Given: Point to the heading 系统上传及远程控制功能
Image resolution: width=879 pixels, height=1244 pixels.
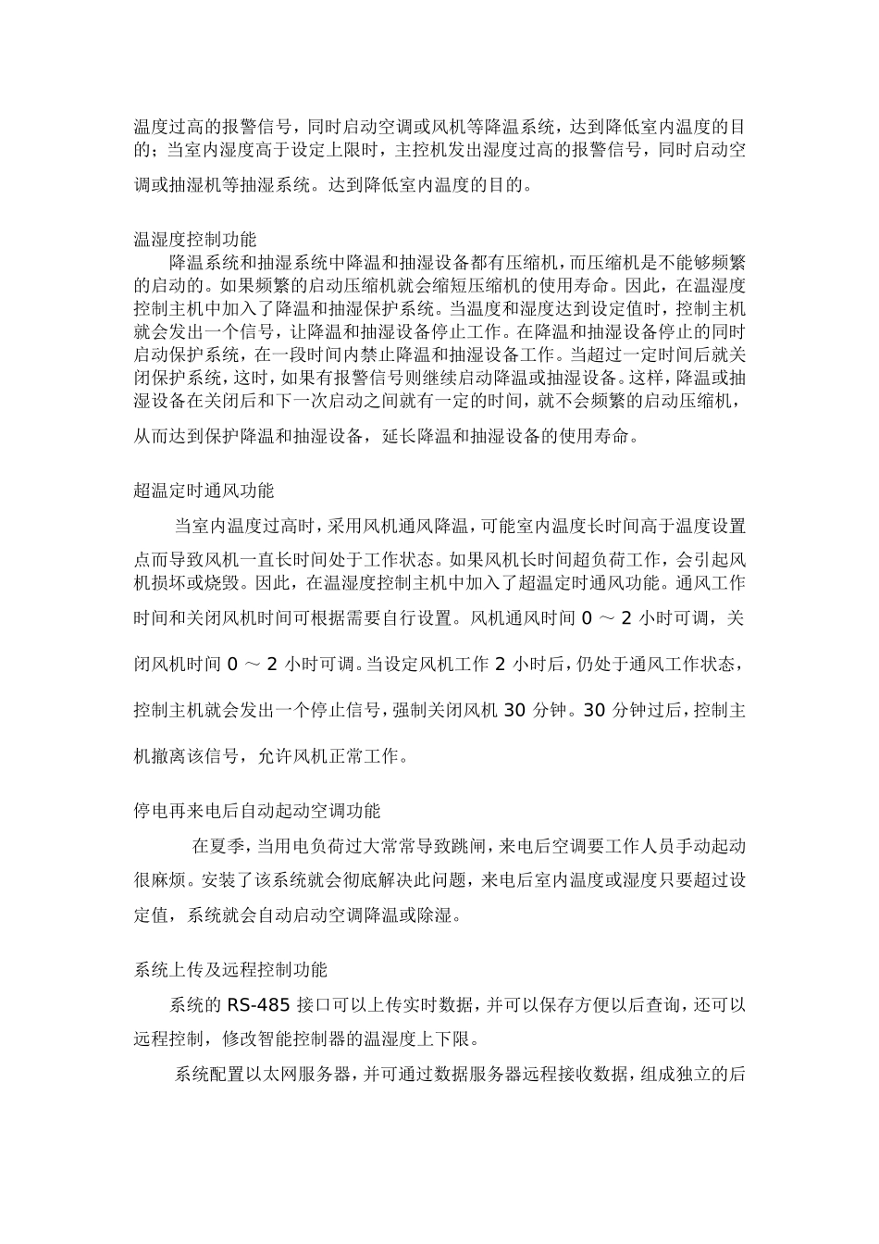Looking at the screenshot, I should point(230,970).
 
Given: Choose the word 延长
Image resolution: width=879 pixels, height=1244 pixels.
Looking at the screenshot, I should point(400,436).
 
